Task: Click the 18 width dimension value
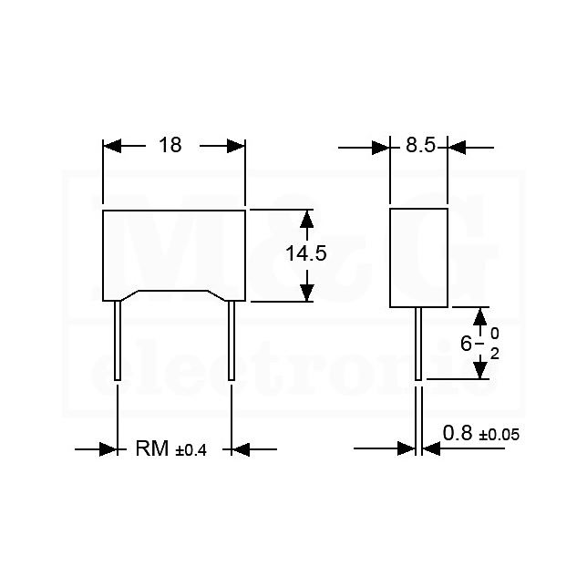(x=170, y=145)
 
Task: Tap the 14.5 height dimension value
(x=306, y=253)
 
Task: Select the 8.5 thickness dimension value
(x=421, y=145)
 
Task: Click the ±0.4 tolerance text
(x=191, y=450)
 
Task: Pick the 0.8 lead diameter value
(x=458, y=433)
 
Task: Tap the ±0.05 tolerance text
(x=499, y=435)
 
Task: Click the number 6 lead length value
(x=466, y=344)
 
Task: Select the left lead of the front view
(x=118, y=340)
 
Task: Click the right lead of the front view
(x=232, y=340)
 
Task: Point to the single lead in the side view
(x=418, y=344)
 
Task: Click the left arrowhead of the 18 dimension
(x=112, y=146)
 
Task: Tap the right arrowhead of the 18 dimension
(x=236, y=146)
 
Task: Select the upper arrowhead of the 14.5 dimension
(x=306, y=220)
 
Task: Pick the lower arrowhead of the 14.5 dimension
(x=306, y=292)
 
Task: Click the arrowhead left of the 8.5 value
(x=381, y=148)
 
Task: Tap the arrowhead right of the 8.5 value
(x=457, y=148)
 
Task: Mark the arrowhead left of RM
(x=108, y=448)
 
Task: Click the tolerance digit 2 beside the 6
(x=495, y=354)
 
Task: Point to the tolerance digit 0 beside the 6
(x=495, y=334)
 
